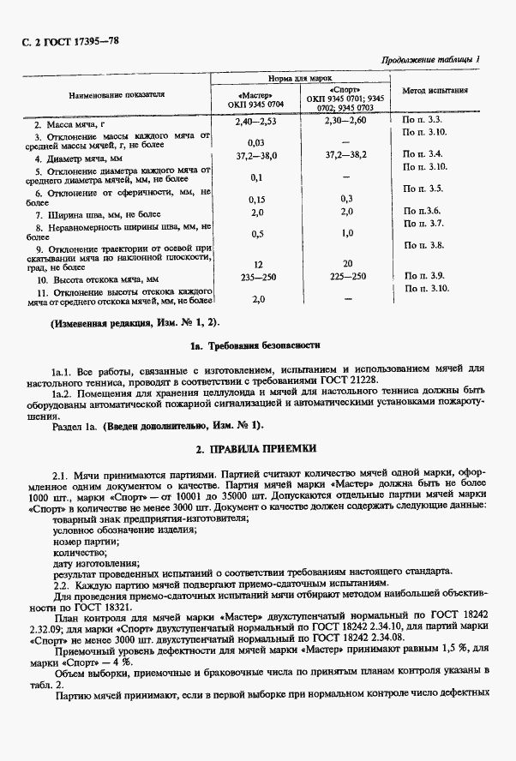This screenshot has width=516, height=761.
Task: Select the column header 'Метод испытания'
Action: (434, 90)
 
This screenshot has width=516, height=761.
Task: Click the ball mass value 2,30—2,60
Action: (346, 123)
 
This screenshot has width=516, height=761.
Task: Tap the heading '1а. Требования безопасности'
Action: (256, 345)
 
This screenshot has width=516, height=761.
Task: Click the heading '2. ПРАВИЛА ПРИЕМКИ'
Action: (256, 447)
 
